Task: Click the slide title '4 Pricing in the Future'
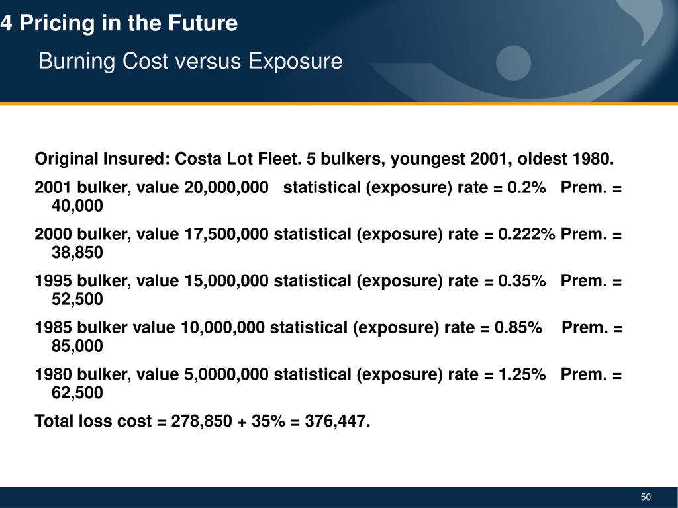click(119, 24)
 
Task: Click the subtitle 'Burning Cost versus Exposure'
click(190, 62)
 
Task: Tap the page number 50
click(646, 497)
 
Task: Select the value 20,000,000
click(221, 187)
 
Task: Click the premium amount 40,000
click(77, 206)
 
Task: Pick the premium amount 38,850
click(77, 253)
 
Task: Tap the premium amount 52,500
click(77, 300)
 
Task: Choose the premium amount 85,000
click(77, 346)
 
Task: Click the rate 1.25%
click(519, 374)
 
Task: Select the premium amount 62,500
click(77, 393)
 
